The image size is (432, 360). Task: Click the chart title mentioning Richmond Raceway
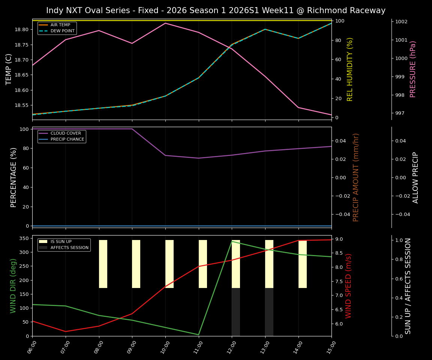click(216, 10)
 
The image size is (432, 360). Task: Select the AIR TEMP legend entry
click(60, 25)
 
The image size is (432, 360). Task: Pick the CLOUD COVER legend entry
click(66, 133)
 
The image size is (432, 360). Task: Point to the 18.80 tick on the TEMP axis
click(22, 30)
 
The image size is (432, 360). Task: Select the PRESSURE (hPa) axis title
click(413, 69)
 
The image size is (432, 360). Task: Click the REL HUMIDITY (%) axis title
click(350, 69)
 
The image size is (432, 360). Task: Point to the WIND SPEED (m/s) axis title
click(349, 286)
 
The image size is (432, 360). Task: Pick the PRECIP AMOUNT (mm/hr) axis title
click(356, 177)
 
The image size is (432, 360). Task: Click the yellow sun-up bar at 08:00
click(103, 264)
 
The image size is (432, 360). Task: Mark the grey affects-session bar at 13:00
click(269, 312)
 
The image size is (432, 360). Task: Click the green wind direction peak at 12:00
click(232, 241)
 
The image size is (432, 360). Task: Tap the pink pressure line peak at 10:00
click(165, 23)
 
